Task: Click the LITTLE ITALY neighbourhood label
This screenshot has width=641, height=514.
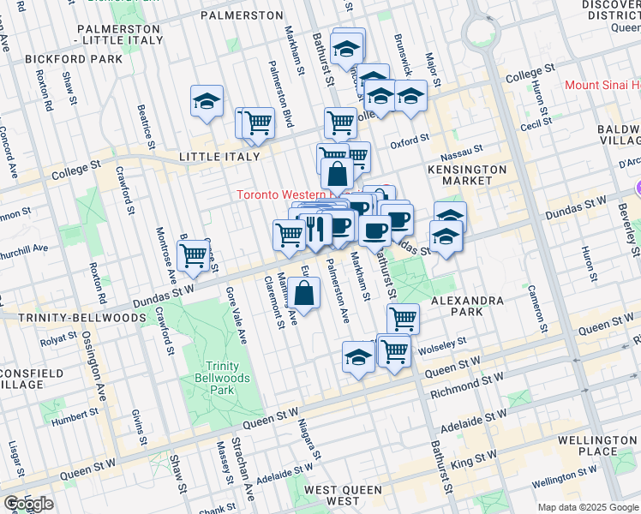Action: point(219,157)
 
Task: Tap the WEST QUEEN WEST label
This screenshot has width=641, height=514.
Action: point(344,495)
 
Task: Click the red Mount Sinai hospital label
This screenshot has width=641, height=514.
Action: point(602,86)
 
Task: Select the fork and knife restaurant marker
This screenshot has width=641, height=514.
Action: point(315,229)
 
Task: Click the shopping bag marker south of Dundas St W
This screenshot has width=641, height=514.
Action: point(305,294)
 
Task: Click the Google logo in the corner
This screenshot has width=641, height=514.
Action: point(28,504)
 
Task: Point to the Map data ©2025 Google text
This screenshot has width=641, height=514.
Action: point(588,507)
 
